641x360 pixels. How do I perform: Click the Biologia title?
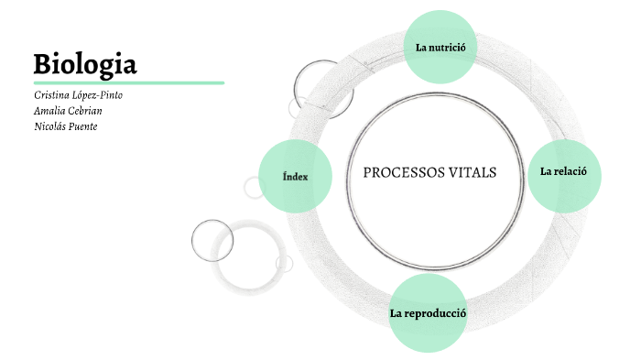point(85,64)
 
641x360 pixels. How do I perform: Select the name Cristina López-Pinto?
point(78,95)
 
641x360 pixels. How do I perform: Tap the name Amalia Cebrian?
point(68,111)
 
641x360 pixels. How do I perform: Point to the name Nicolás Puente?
point(65,126)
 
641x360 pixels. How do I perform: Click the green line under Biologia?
point(128,82)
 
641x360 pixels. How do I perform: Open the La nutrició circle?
point(440,47)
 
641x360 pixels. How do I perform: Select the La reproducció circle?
point(428,313)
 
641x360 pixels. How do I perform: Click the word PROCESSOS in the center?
point(397,172)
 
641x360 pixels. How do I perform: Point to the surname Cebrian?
point(84,111)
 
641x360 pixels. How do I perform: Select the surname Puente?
point(81,126)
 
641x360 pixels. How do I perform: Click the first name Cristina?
point(50,95)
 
